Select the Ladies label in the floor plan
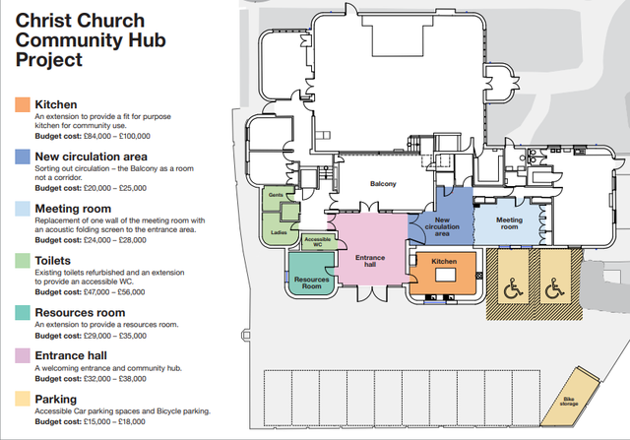tap(279, 233)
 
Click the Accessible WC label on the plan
tap(317, 242)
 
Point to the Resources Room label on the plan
tap(311, 282)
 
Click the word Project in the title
tap(49, 61)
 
